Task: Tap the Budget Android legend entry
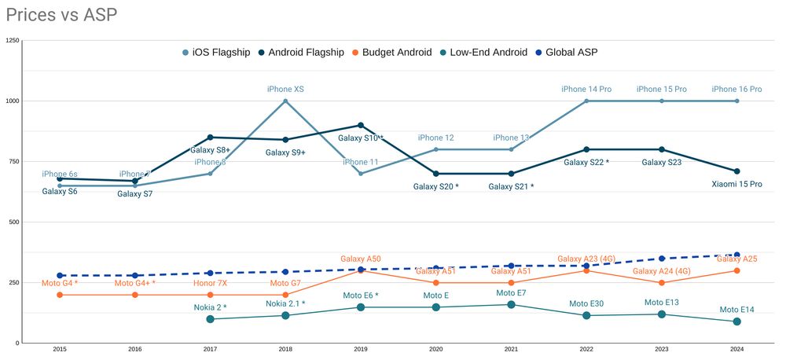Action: coord(391,52)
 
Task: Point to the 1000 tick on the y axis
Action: coord(12,101)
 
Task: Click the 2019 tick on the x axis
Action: coord(361,349)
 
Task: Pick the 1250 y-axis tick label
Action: coord(12,40)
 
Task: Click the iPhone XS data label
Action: coord(285,90)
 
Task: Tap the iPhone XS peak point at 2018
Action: coord(285,101)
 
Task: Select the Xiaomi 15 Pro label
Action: coord(736,184)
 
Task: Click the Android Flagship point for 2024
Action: coord(736,171)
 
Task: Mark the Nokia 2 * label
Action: coord(210,307)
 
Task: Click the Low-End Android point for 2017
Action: coord(210,319)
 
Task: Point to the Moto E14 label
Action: coord(736,310)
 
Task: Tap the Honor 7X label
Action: coord(210,283)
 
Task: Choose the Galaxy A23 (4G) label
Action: coord(586,259)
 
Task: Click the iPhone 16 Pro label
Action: coord(736,90)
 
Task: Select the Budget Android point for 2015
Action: coord(60,295)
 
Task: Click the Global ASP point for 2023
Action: coord(662,259)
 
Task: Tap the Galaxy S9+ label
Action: coord(285,152)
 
